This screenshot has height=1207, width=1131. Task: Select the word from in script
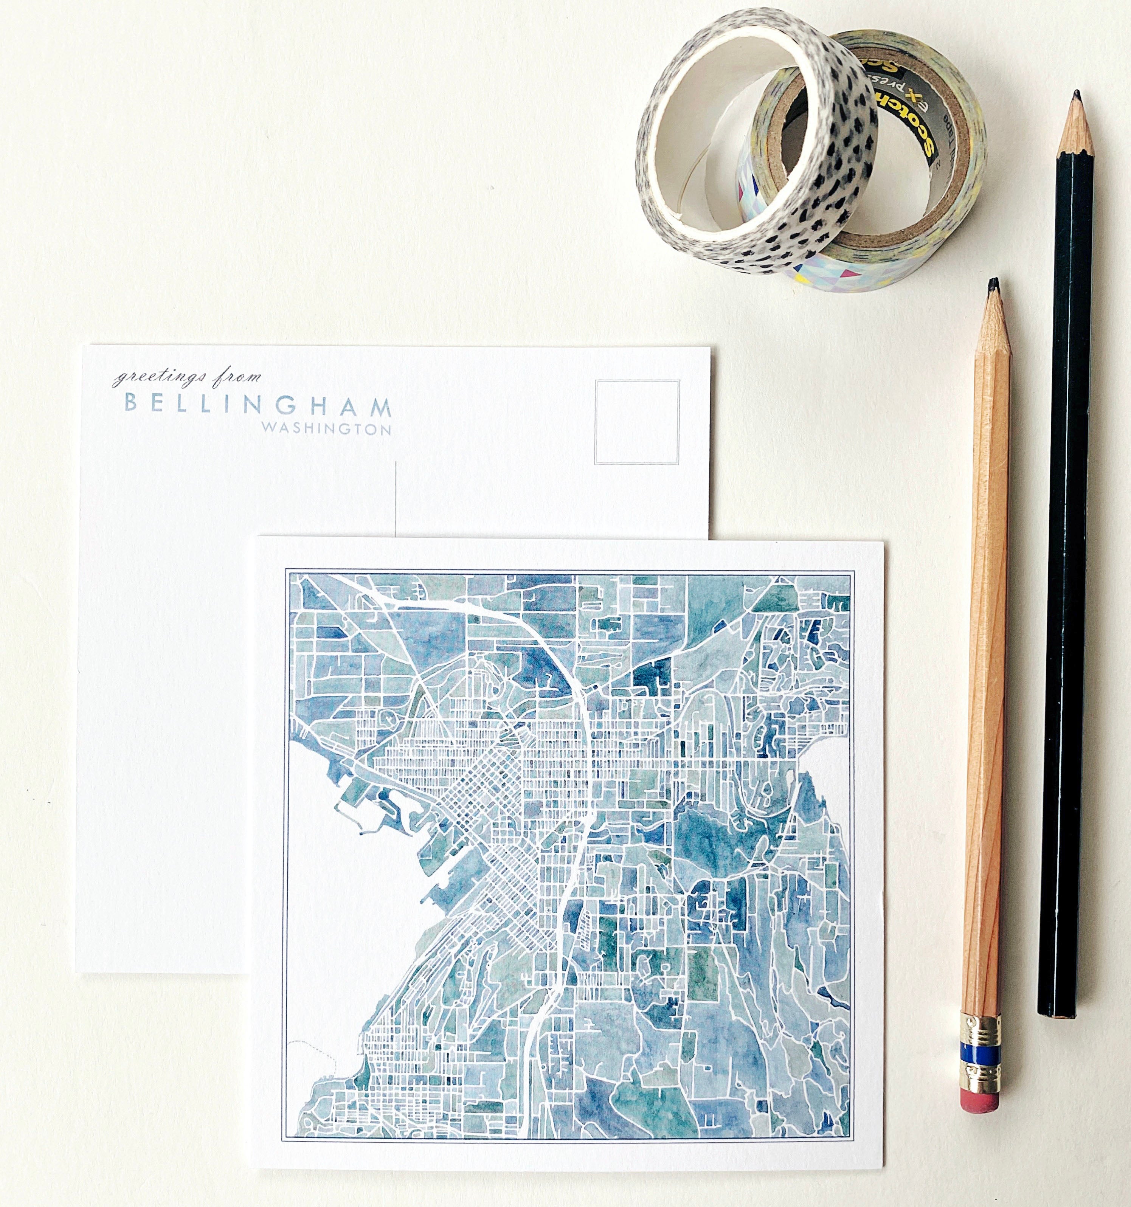(238, 377)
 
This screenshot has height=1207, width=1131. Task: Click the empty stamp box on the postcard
(637, 422)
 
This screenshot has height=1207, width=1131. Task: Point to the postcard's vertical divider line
(396, 499)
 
